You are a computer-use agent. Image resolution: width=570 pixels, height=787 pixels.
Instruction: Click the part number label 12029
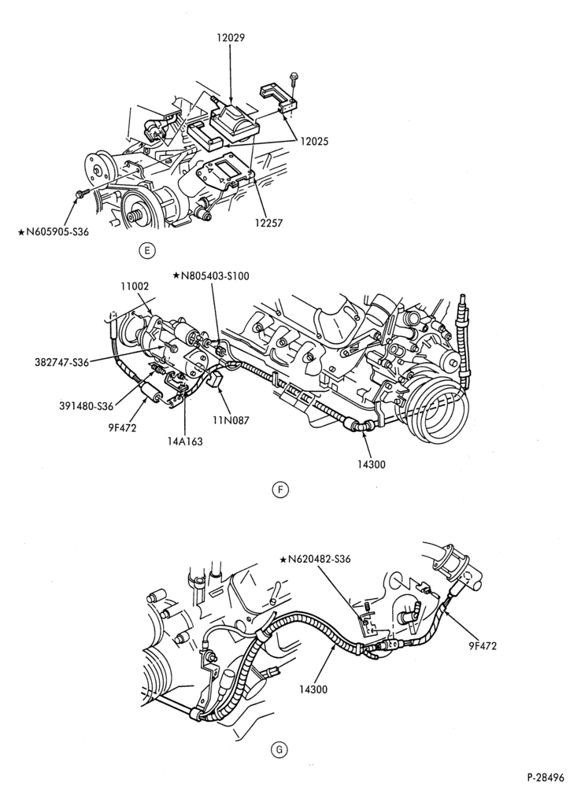(231, 38)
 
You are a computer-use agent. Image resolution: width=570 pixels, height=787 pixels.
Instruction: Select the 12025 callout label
(314, 142)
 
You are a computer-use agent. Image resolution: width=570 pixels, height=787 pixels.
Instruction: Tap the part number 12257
(269, 223)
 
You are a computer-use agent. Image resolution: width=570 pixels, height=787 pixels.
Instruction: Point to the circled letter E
(146, 251)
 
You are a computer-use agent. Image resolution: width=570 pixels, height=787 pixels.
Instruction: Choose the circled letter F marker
(279, 490)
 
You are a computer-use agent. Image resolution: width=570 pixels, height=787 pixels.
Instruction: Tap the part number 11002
(135, 287)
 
